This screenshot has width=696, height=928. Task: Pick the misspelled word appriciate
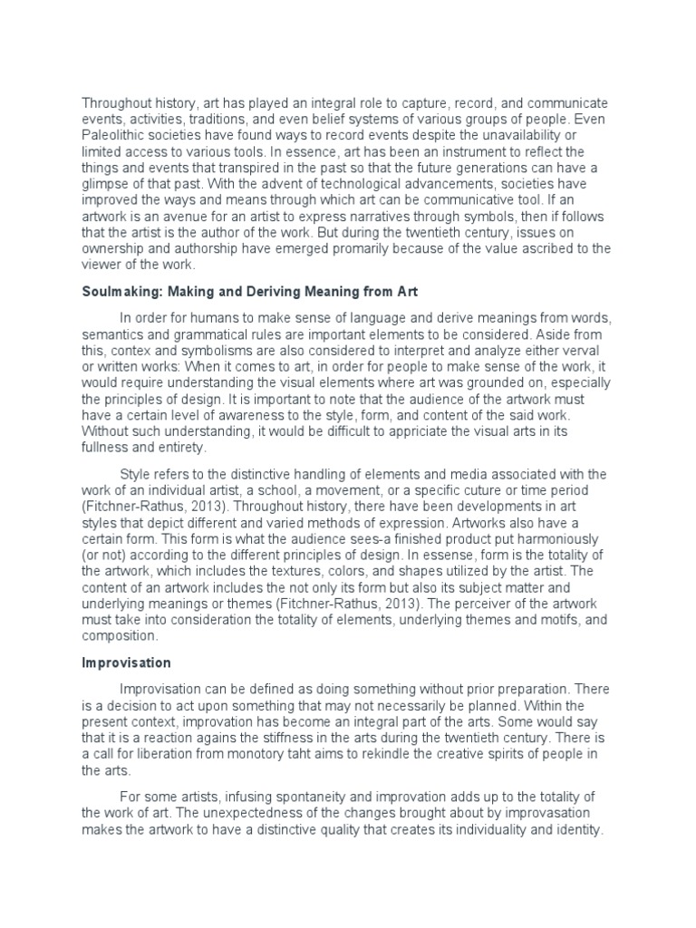click(384, 431)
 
